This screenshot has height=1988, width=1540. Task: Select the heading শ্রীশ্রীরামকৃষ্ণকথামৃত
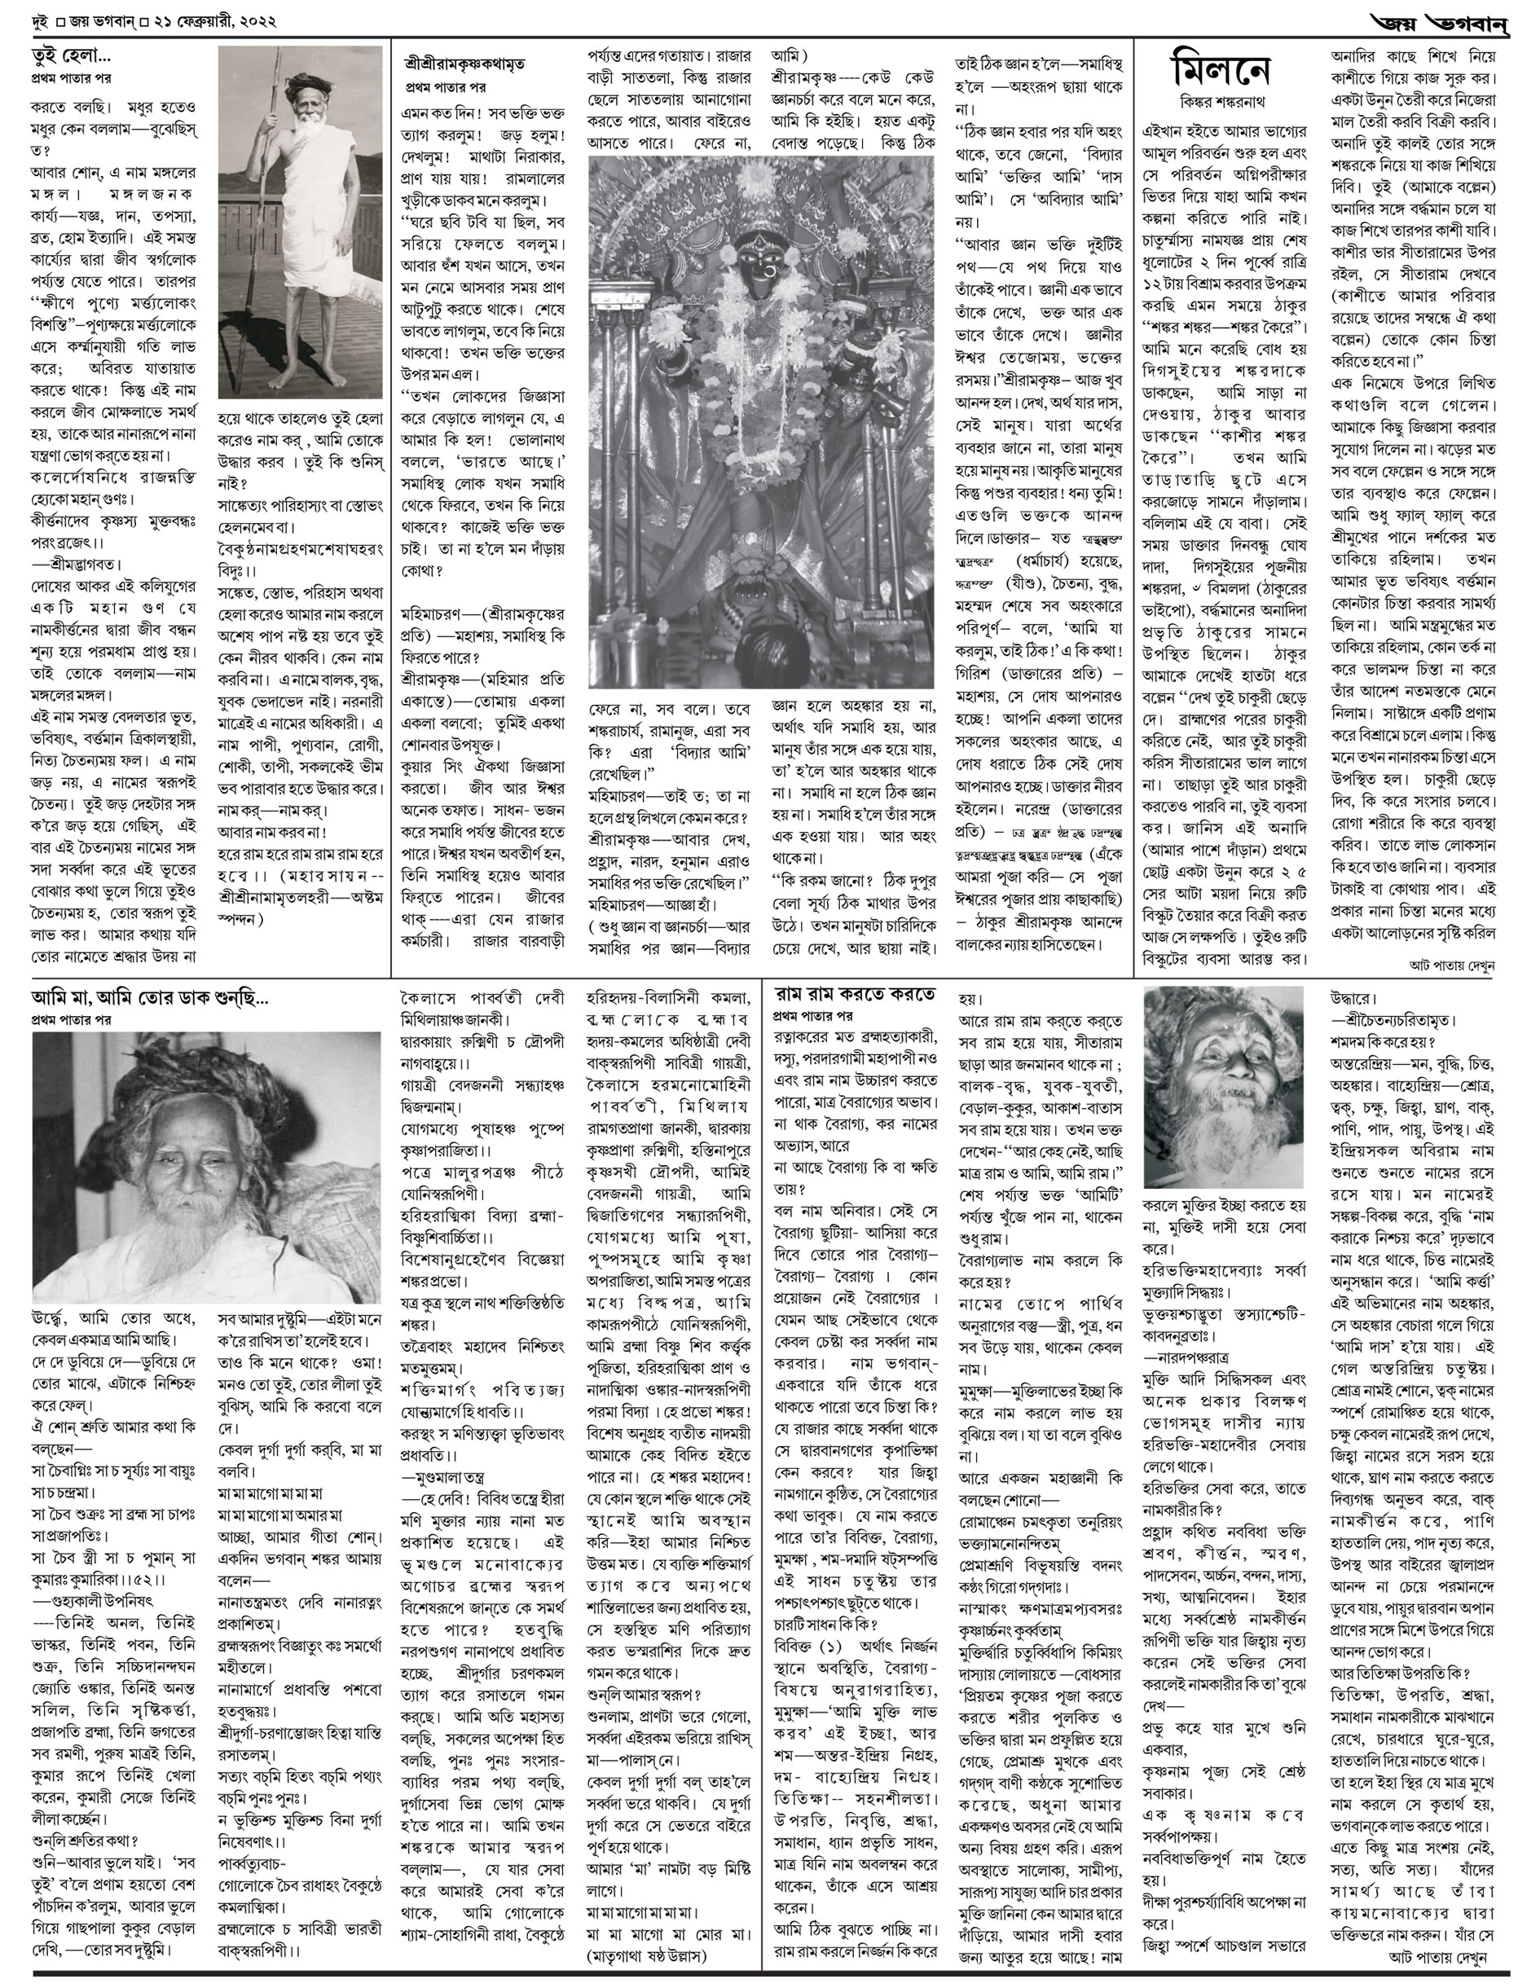coord(464,64)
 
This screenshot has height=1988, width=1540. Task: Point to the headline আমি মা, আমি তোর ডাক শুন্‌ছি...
coord(150,999)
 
